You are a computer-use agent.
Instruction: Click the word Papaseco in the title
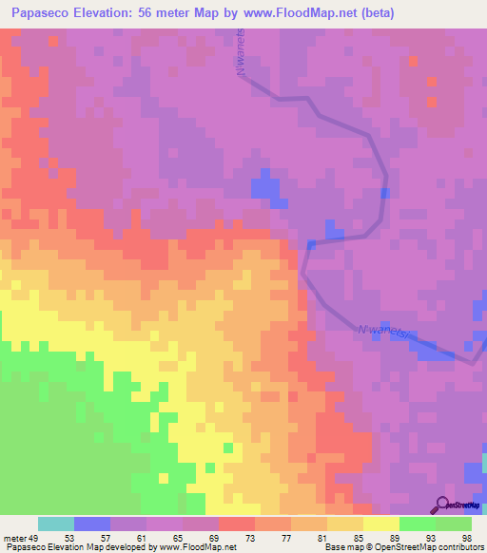[44, 12]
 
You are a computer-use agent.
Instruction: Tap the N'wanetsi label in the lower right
[386, 334]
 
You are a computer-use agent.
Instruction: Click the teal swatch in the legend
[56, 524]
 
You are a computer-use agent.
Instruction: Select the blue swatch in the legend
[92, 524]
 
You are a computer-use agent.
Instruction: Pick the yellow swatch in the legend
[380, 524]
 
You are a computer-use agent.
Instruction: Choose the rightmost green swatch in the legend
[453, 524]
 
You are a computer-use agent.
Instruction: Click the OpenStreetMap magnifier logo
[440, 505]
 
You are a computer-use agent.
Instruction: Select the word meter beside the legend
[14, 537]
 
